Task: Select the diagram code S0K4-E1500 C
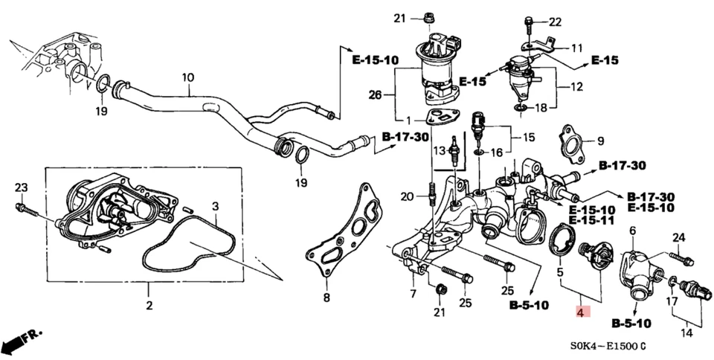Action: (x=606, y=347)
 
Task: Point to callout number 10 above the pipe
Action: (x=187, y=77)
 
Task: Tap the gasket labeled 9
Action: (x=571, y=145)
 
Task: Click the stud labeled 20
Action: (x=431, y=197)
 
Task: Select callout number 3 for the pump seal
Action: (x=215, y=206)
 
